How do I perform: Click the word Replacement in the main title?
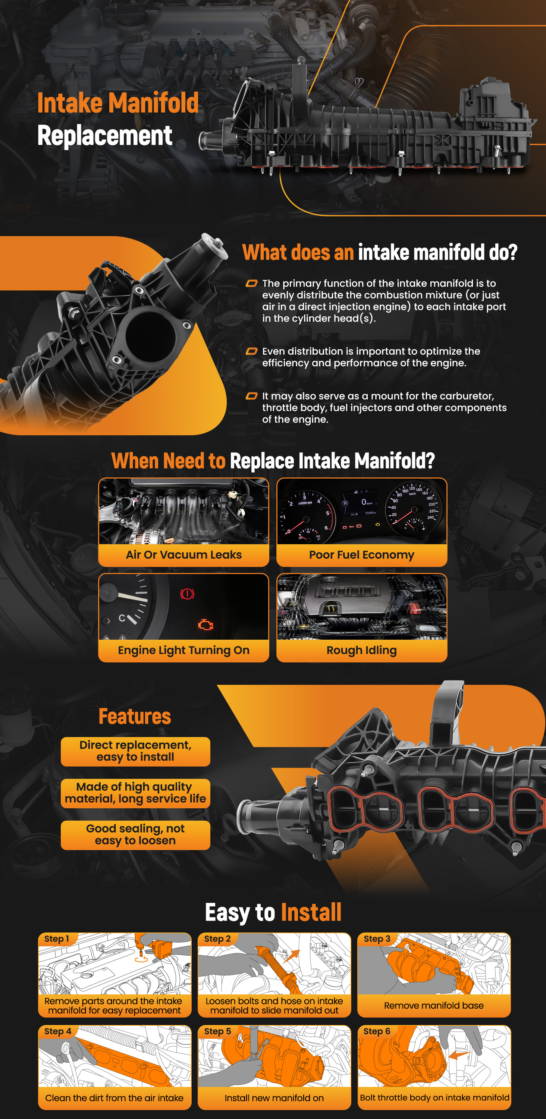105,135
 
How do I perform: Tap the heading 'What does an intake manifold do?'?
380,253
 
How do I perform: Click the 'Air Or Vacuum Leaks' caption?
184,555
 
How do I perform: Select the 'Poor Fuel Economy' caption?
362,555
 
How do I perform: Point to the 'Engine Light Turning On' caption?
184,650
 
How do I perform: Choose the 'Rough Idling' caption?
362,650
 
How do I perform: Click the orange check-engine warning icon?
205,625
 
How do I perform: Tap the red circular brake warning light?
187,594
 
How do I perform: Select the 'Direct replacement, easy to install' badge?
135,752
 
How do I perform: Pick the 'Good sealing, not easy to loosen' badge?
135,835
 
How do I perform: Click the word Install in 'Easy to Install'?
311,912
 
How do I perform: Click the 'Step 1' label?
56,939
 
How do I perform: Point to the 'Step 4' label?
57,1031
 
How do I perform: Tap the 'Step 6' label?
377,1031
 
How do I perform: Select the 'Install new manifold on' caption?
274,1098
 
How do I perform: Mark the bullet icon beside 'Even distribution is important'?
251,351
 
